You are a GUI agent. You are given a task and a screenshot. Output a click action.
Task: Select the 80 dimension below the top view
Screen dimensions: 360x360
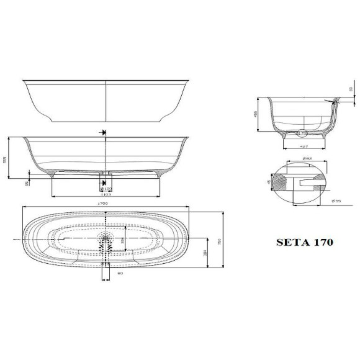pos(106,273)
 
